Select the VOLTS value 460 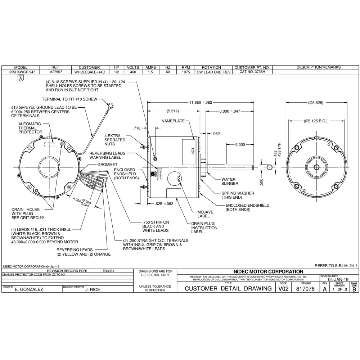pos(133,72)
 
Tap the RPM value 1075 pos(185,72)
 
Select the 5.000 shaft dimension pos(240,144)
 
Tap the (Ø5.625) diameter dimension pos(316,103)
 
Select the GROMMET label pos(108,164)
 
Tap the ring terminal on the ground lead pos(112,105)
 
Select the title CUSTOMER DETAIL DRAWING pos(228,289)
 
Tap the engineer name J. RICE pos(93,289)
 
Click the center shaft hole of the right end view pos(316,167)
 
